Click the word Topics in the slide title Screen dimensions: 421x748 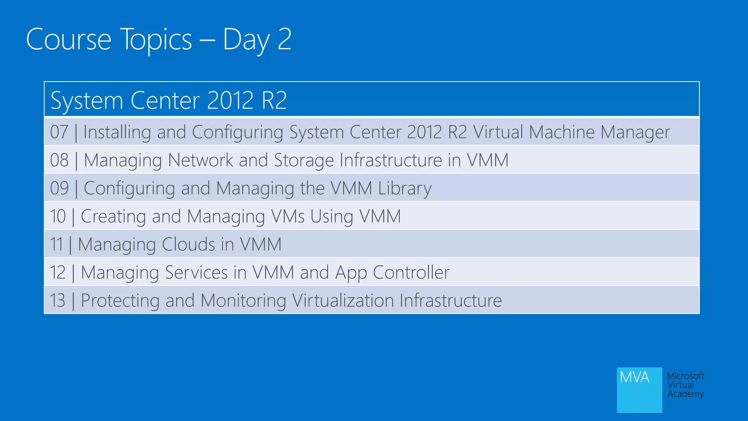156,39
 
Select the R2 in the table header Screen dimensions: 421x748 274,100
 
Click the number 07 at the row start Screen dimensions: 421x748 59,132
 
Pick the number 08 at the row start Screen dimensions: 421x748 59,160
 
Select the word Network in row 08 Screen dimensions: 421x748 200,160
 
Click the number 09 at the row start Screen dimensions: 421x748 59,188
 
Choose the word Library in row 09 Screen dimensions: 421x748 405,188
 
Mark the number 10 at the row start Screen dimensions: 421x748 58,216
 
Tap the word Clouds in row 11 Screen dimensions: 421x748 188,244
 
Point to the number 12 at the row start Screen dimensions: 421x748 58,272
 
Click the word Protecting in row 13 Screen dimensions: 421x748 120,300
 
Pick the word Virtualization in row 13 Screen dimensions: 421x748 343,300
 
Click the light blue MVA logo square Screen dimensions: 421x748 639,390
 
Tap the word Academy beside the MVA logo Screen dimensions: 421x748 686,394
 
